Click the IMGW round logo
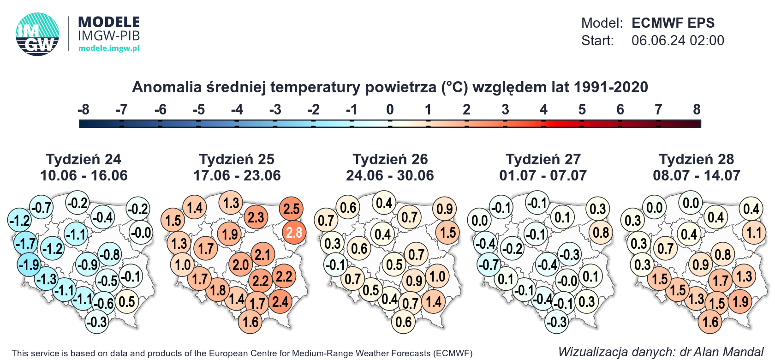(x=37, y=34)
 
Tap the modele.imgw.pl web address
(x=109, y=48)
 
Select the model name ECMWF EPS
(x=673, y=23)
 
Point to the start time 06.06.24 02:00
(x=677, y=41)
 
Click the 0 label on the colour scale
(x=390, y=110)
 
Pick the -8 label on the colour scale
(x=83, y=110)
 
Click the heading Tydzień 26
(x=390, y=159)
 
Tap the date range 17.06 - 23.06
(x=237, y=175)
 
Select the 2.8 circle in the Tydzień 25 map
(x=294, y=232)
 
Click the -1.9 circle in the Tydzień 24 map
(x=29, y=265)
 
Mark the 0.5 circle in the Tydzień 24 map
(x=126, y=302)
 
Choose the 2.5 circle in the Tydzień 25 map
(x=291, y=209)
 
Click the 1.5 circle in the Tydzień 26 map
(x=447, y=232)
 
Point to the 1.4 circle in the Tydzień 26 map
(x=434, y=302)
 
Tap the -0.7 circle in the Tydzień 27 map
(x=489, y=265)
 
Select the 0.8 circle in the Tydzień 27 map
(x=601, y=232)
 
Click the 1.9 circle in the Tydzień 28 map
(x=740, y=302)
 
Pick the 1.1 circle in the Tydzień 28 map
(x=754, y=232)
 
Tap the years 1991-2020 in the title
(x=611, y=87)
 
